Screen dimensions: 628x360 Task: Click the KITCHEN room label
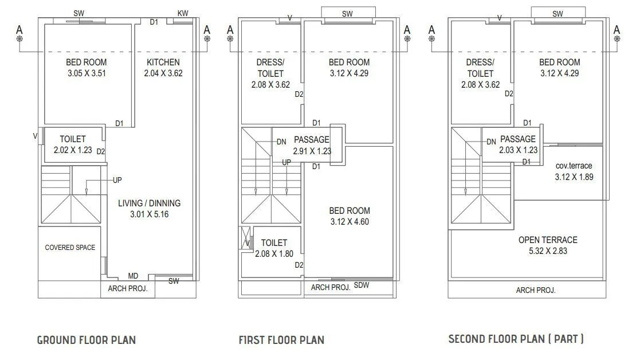163,62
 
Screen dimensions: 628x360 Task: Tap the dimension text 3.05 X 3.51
87,73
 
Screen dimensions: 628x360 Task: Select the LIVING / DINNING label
149,204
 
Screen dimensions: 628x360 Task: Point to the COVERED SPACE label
70,247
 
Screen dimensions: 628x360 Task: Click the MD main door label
133,276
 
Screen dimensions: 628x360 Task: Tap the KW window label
183,13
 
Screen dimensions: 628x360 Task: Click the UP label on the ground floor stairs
117,180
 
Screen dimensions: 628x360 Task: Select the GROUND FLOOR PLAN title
87,340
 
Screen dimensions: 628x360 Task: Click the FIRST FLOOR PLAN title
281,340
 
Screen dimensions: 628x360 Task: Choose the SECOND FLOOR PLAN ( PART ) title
516,339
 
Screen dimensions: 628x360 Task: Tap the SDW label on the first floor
362,285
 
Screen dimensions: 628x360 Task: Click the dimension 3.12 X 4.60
350,222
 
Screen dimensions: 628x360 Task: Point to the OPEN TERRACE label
548,240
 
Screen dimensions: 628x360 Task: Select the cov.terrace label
574,166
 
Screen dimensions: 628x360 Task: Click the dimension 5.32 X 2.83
548,251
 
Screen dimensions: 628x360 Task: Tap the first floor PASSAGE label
312,139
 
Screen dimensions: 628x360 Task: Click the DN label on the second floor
492,142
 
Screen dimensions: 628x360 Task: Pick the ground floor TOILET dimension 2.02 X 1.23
73,150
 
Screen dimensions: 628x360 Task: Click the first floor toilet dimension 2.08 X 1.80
274,254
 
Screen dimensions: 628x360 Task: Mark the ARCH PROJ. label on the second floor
536,290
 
